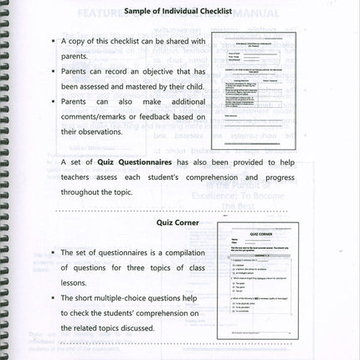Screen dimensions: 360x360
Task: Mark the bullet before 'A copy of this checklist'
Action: (x=52, y=40)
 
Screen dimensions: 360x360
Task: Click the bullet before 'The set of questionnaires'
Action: (x=52, y=252)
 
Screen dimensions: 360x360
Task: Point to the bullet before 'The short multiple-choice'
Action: (x=52, y=297)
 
